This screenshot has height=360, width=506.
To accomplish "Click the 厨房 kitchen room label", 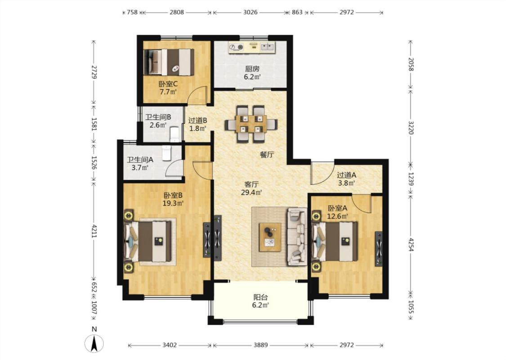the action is [252, 68].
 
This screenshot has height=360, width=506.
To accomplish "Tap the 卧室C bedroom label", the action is [168, 84].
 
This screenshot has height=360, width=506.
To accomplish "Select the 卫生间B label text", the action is [158, 117].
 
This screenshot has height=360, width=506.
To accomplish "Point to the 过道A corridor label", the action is [347, 175].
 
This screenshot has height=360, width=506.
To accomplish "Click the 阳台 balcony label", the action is [260, 297].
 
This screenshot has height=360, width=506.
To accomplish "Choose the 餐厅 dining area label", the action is [267, 155].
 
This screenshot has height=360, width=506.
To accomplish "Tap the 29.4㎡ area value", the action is [251, 193].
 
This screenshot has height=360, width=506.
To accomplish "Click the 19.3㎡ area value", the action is [173, 203].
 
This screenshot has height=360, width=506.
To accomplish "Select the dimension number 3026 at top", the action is [250, 12].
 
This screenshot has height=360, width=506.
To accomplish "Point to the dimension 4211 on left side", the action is [94, 231].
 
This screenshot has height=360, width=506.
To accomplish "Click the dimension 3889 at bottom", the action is [260, 345].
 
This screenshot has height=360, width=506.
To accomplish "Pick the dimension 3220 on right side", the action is [411, 127].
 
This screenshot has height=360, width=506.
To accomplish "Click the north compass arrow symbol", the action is [94, 343].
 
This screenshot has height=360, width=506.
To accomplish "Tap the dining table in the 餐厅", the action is [251, 124].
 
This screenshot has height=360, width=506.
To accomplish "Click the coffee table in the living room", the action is [270, 237].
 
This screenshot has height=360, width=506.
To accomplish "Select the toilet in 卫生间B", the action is [174, 134].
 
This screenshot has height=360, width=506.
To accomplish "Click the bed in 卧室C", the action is [169, 62].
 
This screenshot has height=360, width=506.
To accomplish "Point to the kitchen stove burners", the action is [236, 47].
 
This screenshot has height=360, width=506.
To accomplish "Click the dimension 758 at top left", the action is [132, 12].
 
